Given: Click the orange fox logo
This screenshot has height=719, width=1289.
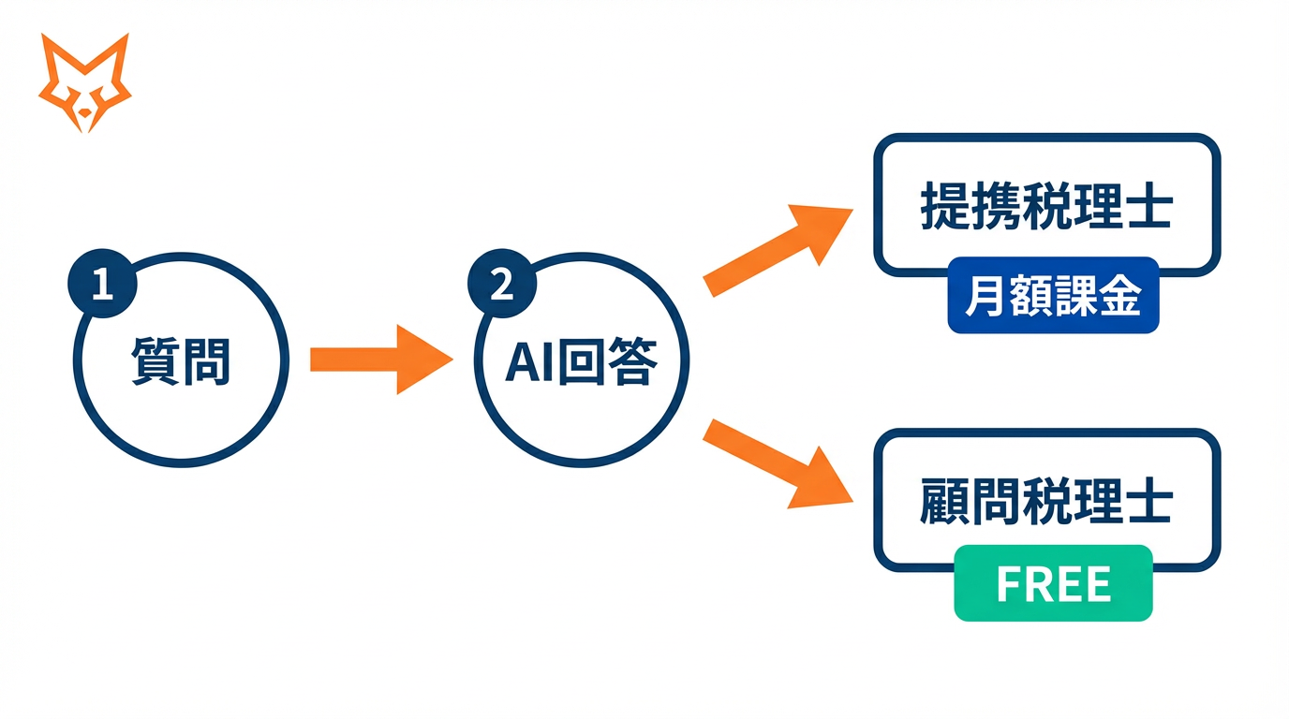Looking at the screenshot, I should click(x=84, y=82).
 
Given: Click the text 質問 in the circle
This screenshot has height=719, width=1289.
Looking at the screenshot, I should click(x=181, y=360).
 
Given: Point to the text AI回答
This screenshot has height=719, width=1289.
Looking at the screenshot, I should click(x=581, y=360).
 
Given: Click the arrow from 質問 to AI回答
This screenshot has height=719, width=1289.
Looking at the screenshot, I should click(x=379, y=359).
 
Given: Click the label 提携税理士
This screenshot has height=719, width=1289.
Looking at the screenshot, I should click(x=1046, y=207).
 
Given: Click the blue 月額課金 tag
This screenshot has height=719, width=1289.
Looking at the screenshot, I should click(x=1053, y=296).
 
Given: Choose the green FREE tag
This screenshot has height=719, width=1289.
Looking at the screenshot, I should click(x=1053, y=583).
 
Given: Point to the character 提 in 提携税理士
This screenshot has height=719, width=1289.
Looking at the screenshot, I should click(x=945, y=207).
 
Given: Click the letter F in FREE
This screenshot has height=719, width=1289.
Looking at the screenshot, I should click(x=1007, y=584).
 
